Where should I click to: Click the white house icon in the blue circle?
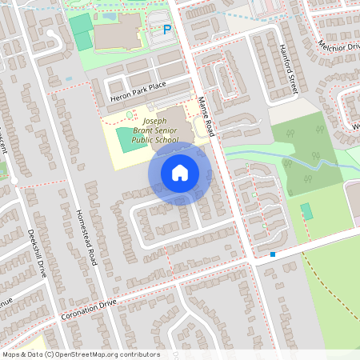[x=180, y=173]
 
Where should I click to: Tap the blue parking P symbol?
[x=167, y=30]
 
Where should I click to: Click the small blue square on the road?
[x=273, y=255]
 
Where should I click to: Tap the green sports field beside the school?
[x=129, y=139]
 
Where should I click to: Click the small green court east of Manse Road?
[x=306, y=211]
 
